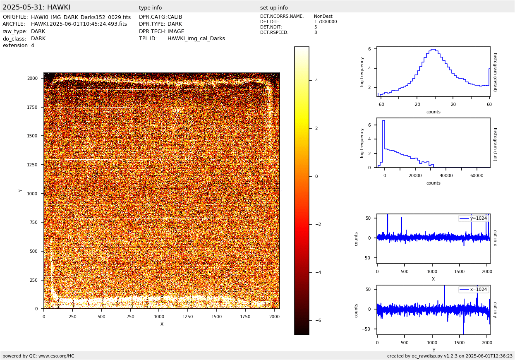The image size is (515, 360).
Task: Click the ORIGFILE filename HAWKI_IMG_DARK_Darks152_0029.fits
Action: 81,17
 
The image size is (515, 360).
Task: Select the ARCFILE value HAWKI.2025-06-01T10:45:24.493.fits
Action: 79,24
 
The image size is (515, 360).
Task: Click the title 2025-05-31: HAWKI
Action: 36,7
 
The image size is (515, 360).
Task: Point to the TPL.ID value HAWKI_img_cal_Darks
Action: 196,38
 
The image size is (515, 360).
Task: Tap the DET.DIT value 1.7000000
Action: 325,22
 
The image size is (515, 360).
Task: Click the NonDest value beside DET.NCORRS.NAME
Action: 323,17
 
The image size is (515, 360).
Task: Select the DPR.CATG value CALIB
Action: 175,17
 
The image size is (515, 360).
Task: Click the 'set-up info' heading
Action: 274,8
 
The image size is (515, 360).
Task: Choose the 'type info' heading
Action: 150,8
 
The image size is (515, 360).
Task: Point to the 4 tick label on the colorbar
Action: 316,80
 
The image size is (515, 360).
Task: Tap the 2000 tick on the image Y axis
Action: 33,78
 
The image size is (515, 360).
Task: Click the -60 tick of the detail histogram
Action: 381,104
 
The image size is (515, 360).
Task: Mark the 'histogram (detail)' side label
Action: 495,72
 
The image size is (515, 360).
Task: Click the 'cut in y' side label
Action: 495,310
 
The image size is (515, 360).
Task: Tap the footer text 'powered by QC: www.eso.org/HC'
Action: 38,356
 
